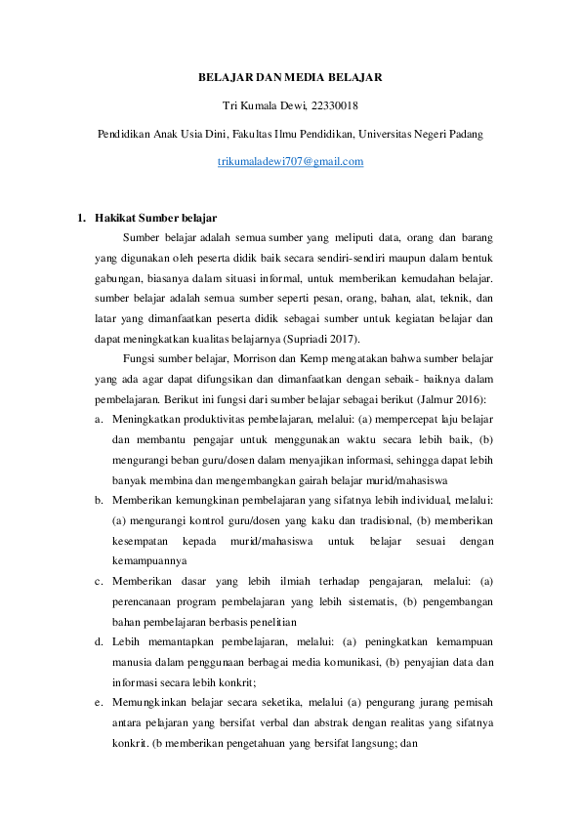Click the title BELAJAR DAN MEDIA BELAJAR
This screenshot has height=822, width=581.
tap(290, 76)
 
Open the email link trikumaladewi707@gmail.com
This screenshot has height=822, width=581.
tap(290, 161)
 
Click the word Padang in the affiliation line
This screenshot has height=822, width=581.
tap(464, 134)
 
